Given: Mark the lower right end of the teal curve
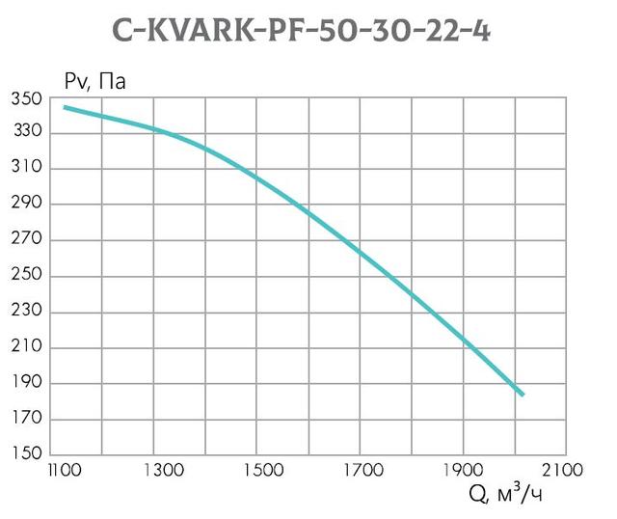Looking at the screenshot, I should (x=522, y=394).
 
